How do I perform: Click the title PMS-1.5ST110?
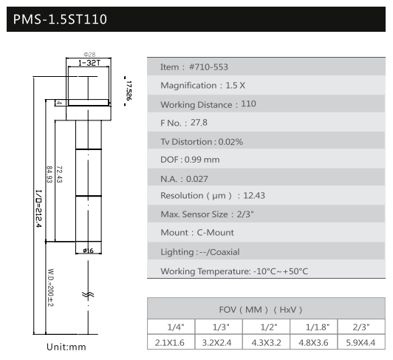60,19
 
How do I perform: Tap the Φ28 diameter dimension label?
89,55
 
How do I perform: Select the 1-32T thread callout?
89,63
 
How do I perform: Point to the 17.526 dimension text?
129,91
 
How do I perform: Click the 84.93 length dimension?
49,174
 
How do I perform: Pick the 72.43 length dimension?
59,174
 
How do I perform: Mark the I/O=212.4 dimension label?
38,208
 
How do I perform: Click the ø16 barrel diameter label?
88,251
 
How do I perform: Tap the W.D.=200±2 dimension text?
50,288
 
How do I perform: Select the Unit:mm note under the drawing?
66,347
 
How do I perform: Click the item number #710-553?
208,67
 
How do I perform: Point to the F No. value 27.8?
199,123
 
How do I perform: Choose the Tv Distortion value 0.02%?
230,142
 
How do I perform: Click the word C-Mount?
215,233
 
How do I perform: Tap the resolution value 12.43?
254,195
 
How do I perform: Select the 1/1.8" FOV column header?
318,327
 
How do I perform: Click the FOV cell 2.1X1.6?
170,342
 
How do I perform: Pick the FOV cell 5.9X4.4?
360,342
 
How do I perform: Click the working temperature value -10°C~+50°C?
281,271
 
